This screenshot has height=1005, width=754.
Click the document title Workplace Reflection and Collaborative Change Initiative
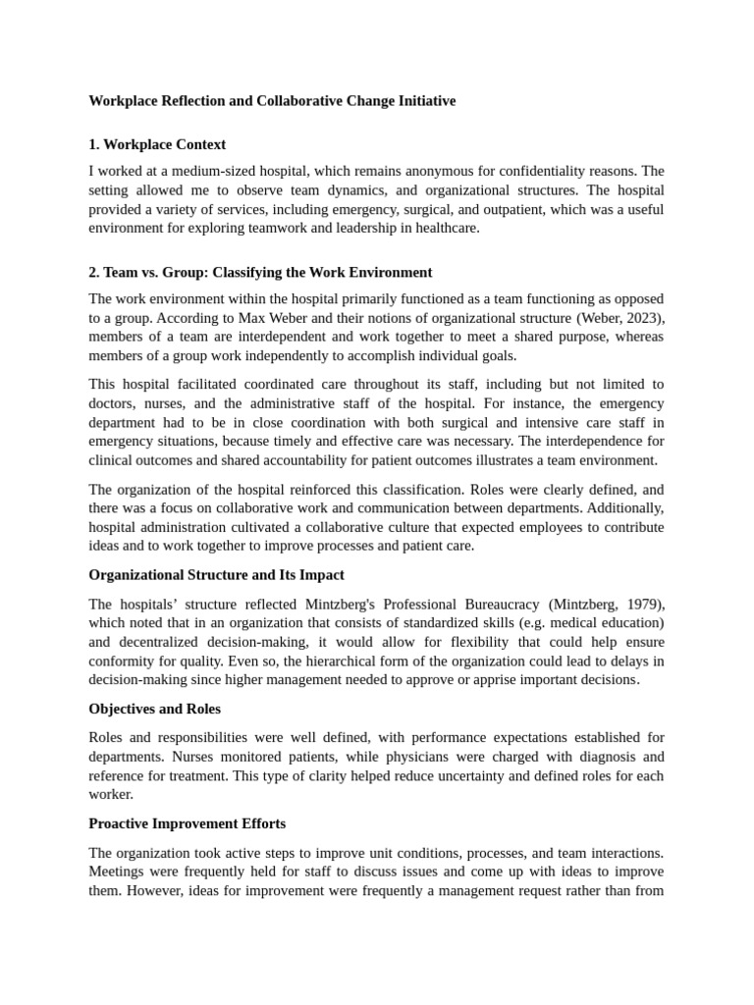point(272,101)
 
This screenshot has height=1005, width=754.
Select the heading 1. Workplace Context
point(157,145)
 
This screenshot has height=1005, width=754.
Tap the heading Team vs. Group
point(260,272)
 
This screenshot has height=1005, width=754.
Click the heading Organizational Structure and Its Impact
point(216,574)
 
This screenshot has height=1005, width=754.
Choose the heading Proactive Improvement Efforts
point(187,822)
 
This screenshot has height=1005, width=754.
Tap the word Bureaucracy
point(483,603)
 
